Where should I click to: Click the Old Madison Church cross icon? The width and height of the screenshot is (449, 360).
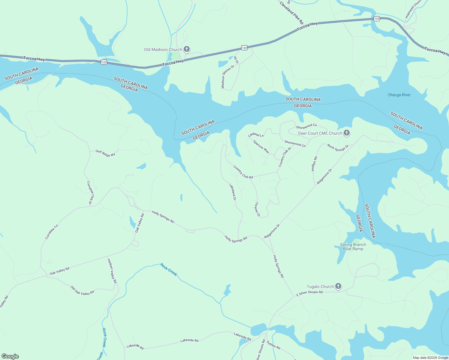(187, 49)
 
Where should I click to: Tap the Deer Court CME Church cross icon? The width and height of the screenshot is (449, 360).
(347, 133)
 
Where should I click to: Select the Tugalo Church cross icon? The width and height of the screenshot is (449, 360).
(338, 286)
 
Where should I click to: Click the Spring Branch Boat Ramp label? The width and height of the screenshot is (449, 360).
(353, 247)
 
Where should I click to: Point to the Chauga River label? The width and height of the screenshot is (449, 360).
(399, 95)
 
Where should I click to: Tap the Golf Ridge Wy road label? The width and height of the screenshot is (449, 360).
(105, 153)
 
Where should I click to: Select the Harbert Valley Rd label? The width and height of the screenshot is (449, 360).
(112, 271)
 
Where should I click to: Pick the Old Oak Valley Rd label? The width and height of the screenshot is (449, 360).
(82, 291)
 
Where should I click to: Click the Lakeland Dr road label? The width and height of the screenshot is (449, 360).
(233, 192)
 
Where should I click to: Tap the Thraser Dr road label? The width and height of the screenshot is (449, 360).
(257, 209)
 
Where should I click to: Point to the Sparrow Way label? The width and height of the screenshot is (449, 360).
(261, 146)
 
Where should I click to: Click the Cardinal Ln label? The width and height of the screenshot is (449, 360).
(256, 135)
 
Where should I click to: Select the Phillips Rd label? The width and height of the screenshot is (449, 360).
(314, 164)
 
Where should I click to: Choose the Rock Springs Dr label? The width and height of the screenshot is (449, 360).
(338, 148)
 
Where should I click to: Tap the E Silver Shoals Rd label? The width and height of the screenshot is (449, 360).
(309, 293)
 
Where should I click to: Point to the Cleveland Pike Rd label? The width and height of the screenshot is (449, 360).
(291, 13)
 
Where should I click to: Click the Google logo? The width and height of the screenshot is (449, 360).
(10, 356)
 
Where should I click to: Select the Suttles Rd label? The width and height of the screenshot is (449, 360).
(273, 345)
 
